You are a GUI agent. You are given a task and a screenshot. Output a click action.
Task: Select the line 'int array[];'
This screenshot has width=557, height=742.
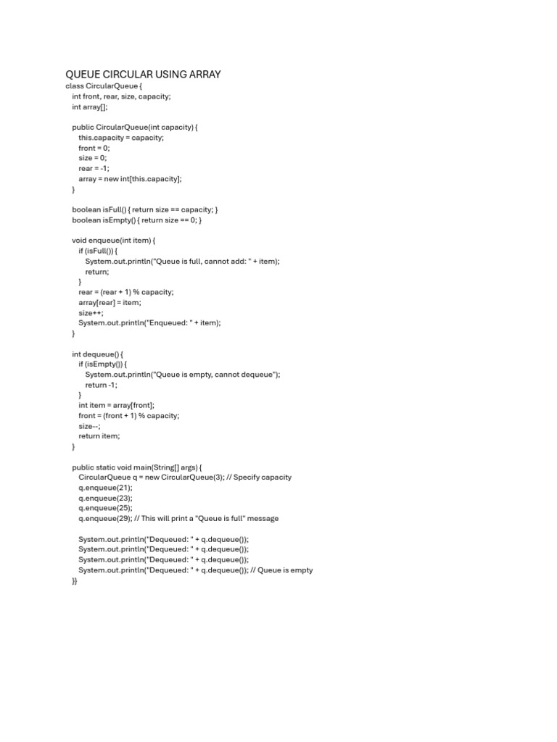(x=90, y=107)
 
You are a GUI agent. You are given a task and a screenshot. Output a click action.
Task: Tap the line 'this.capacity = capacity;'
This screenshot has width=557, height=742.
(x=121, y=138)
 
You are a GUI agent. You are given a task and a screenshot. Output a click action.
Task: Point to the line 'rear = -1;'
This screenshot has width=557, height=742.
(x=94, y=168)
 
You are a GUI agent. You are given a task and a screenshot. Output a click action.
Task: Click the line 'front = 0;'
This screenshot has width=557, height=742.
(x=94, y=148)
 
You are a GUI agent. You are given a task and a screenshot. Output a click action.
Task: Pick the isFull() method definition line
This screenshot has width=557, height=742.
(x=145, y=209)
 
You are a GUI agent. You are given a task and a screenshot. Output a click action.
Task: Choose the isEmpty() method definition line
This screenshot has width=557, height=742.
(x=136, y=220)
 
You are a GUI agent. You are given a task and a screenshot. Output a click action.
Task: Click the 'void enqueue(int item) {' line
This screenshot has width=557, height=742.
(x=114, y=241)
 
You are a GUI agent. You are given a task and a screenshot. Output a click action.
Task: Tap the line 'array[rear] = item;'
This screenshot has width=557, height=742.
(x=110, y=303)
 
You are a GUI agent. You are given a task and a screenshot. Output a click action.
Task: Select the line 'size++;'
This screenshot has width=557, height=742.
(x=91, y=313)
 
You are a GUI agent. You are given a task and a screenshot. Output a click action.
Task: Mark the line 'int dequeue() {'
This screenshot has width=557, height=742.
(x=102, y=354)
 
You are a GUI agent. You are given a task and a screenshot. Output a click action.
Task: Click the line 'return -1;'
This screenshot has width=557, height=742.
(x=101, y=385)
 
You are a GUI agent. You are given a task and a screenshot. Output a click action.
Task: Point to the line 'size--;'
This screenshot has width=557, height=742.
(x=89, y=426)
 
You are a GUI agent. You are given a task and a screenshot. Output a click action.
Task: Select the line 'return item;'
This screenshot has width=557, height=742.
(x=99, y=436)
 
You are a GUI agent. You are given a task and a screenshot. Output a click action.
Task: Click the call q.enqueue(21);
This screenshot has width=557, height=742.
(x=106, y=488)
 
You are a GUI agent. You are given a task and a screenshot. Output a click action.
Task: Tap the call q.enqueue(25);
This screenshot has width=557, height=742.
(x=106, y=508)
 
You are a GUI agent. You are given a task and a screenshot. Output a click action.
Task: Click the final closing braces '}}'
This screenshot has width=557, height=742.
(x=75, y=581)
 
